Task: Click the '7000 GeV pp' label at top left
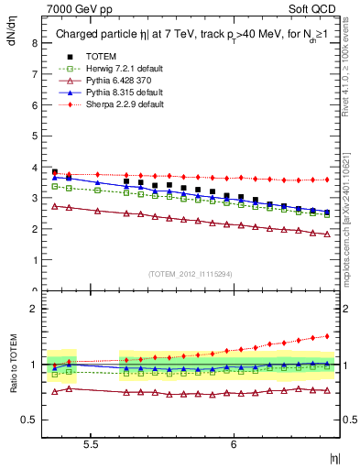click(x=73, y=8)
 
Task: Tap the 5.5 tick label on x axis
click(x=91, y=445)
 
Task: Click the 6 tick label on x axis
click(x=234, y=445)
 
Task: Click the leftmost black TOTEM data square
click(x=55, y=171)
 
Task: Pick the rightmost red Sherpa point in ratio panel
click(x=327, y=335)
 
